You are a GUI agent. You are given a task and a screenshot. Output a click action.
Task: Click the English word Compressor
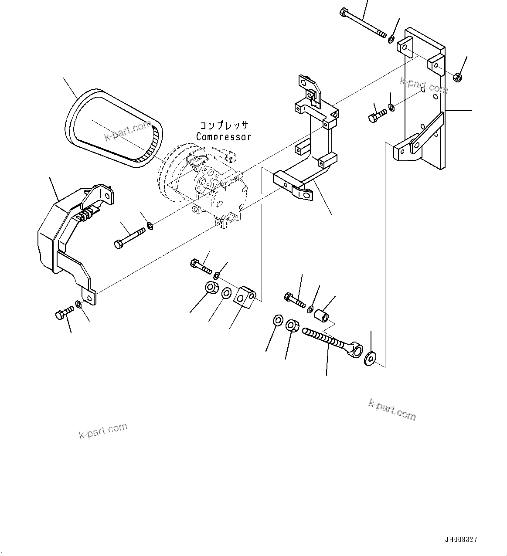(223, 137)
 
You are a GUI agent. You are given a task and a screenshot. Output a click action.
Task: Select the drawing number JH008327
(461, 539)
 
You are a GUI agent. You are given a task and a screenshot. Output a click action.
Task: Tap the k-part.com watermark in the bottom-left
(103, 431)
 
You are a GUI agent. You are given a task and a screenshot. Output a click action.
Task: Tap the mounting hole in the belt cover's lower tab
(90, 298)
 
